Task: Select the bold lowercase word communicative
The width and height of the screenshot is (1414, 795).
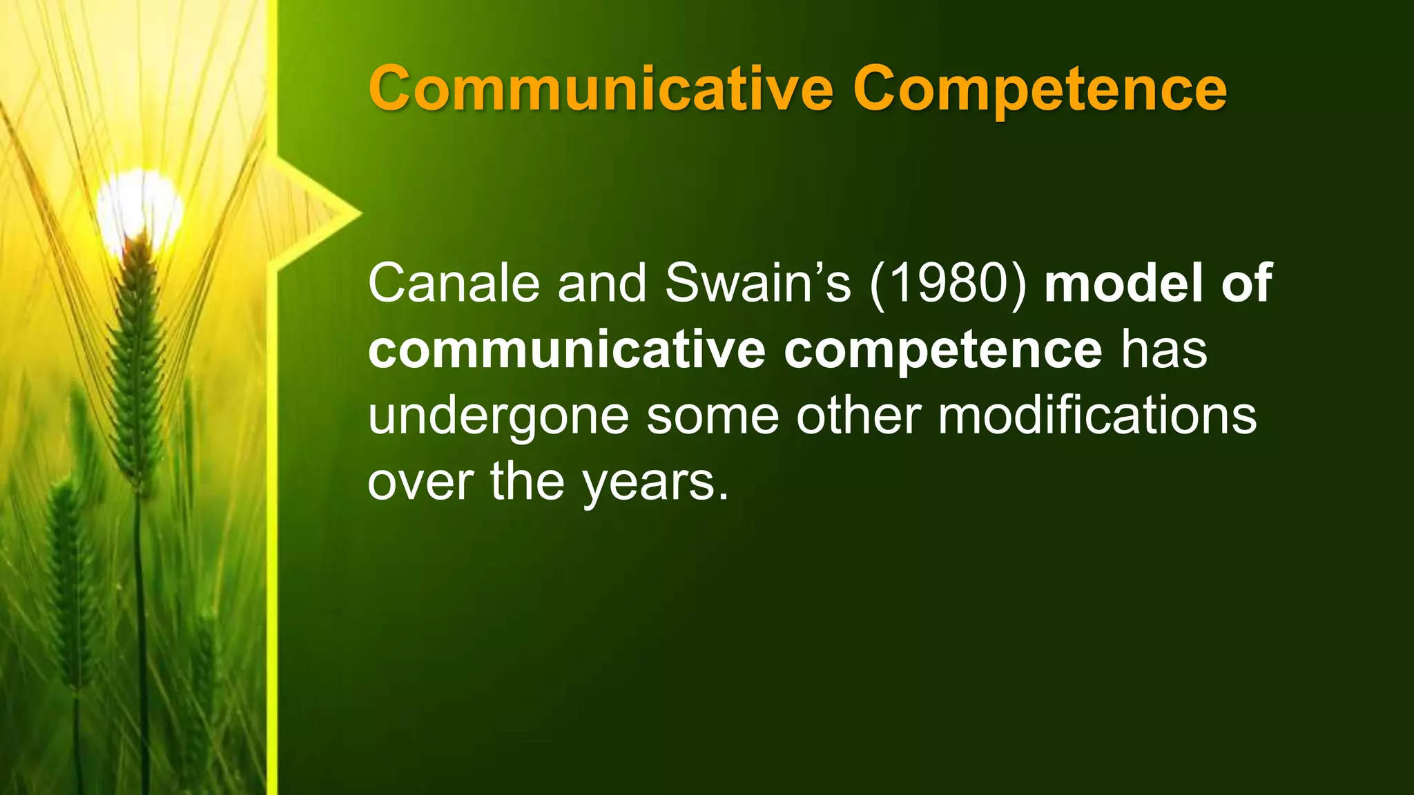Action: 566,349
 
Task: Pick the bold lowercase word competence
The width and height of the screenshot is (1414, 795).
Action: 942,349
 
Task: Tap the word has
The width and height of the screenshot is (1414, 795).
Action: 1163,349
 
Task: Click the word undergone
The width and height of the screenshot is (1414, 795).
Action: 498,417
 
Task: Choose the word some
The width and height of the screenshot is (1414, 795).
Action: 712,417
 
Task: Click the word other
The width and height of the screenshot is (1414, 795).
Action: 858,417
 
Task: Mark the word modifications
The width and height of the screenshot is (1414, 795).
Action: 1097,417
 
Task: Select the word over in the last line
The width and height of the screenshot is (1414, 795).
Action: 420,482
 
